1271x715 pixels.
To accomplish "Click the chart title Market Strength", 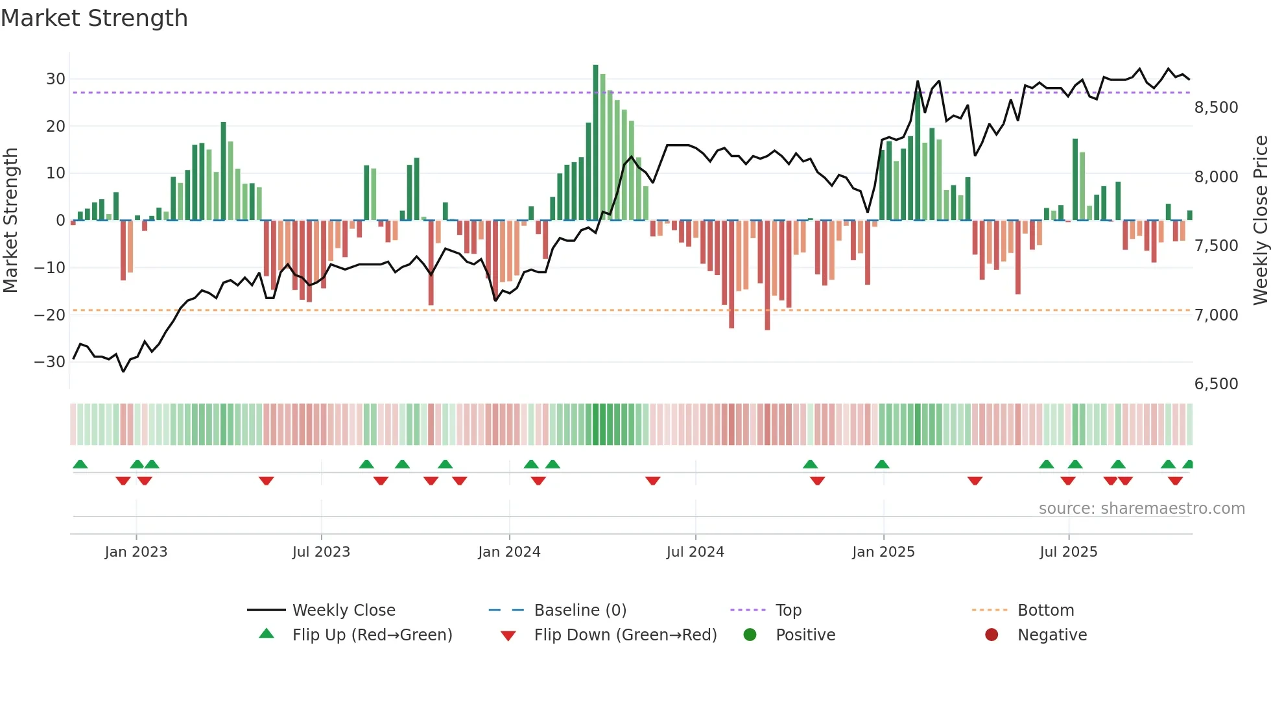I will (x=94, y=18).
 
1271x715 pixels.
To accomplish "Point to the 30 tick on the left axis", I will (x=56, y=79).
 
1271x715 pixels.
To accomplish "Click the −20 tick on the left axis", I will (x=51, y=315).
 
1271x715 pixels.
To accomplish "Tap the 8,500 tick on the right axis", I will (x=1216, y=108).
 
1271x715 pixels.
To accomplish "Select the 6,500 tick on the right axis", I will (x=1216, y=384).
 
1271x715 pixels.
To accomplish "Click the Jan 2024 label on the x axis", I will (x=509, y=552).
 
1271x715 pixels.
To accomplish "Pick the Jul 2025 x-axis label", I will (x=1068, y=552).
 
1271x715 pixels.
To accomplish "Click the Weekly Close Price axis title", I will (x=1260, y=221).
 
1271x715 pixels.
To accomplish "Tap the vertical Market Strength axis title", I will (x=10, y=221).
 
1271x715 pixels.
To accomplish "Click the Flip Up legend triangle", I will (x=267, y=634).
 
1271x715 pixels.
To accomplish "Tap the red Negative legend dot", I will (x=992, y=635).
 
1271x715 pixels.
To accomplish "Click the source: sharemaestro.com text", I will (x=1141, y=509).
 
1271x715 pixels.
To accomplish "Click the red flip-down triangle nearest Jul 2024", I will (x=653, y=481).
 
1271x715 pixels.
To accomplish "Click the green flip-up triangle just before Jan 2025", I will (x=881, y=464).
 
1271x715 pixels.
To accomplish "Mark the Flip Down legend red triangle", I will (x=508, y=636).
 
